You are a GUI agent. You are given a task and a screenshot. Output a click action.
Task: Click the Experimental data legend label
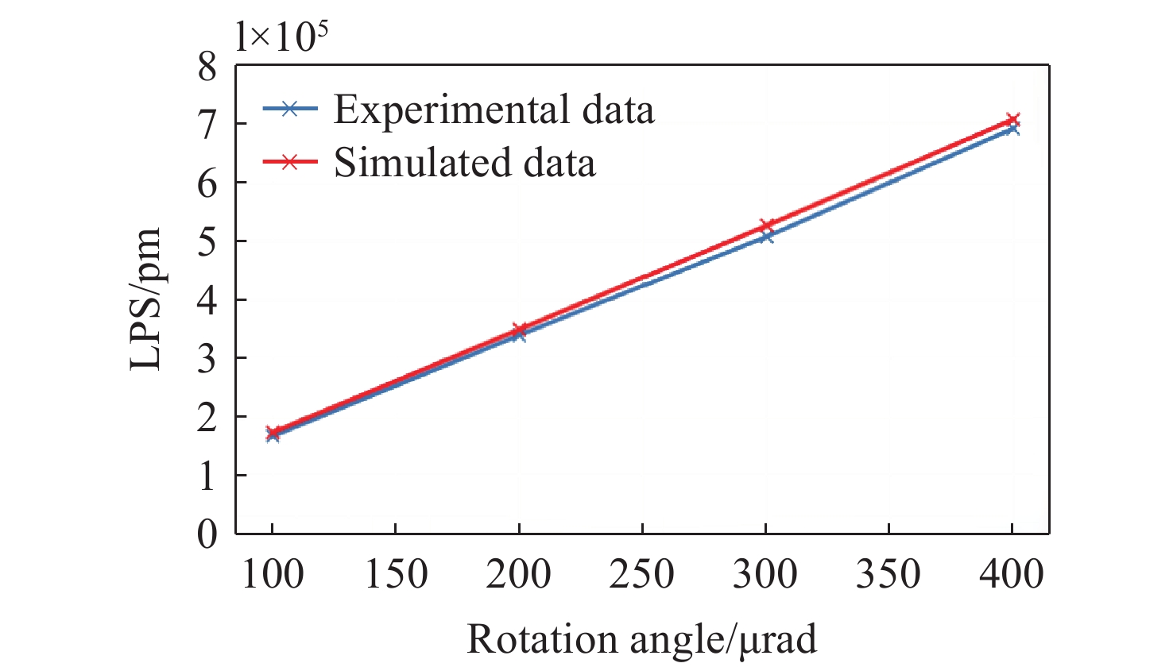494,110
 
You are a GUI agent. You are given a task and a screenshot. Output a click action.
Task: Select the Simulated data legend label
464,162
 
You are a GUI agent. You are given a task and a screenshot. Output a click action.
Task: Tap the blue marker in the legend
290,110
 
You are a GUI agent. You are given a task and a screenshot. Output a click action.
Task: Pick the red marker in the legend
290,162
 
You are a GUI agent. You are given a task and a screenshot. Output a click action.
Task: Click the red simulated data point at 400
1012,120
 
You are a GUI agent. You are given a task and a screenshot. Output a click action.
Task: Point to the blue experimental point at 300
766,236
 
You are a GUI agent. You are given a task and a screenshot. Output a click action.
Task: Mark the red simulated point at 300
766,226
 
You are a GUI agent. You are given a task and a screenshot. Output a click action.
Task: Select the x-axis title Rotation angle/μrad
641,639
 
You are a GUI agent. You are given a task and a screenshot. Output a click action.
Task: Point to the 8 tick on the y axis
207,67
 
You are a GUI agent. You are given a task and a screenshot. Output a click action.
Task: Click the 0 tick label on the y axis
207,534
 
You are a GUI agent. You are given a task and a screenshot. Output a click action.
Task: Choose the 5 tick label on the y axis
207,241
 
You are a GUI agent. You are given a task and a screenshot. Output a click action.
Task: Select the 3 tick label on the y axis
207,358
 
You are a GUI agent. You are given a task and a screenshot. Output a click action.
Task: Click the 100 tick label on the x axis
273,574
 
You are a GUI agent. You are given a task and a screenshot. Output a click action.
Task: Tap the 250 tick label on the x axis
642,574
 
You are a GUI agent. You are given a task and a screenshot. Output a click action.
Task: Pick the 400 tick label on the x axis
1012,574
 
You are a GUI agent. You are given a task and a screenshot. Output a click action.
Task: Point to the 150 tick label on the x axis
396,574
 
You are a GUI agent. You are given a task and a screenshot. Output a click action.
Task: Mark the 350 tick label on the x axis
888,574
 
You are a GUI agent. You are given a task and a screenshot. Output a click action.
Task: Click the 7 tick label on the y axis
207,125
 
